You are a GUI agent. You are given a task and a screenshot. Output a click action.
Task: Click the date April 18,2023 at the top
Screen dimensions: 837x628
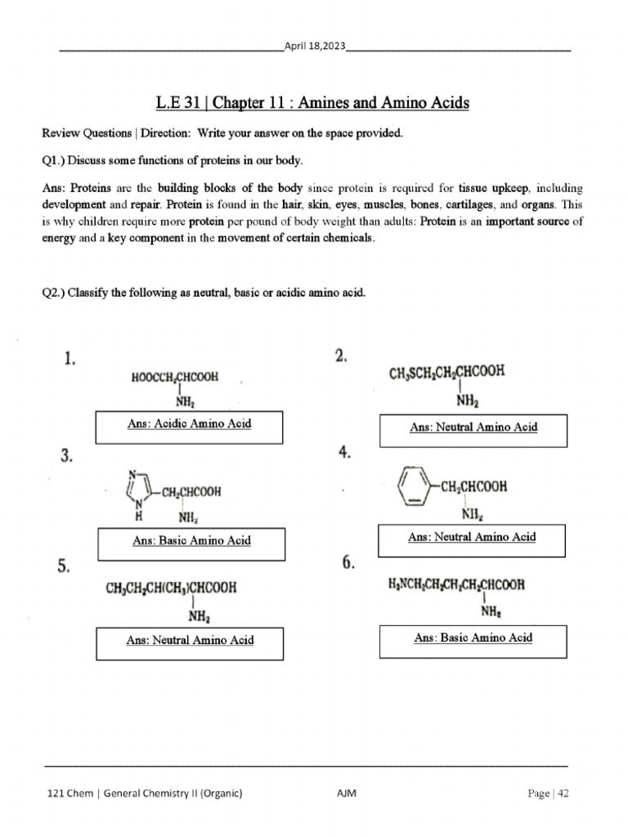[x=315, y=47]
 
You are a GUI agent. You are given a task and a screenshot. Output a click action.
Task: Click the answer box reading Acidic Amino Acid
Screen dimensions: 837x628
[x=189, y=424]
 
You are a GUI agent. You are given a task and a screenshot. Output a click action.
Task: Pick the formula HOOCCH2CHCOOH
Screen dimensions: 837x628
[x=175, y=378]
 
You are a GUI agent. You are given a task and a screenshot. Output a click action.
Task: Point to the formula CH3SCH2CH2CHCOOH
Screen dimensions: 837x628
[x=446, y=373]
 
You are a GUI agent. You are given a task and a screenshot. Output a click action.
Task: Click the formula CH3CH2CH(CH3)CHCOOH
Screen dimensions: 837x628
[x=171, y=586]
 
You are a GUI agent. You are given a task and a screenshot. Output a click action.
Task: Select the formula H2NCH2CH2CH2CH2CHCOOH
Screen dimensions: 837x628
[x=456, y=584]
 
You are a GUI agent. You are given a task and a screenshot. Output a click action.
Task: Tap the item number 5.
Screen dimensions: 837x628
[x=64, y=567]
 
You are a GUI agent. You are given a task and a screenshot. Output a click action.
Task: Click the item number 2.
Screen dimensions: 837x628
[x=340, y=356]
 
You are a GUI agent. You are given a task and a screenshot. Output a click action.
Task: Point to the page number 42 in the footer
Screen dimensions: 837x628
[x=562, y=794]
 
